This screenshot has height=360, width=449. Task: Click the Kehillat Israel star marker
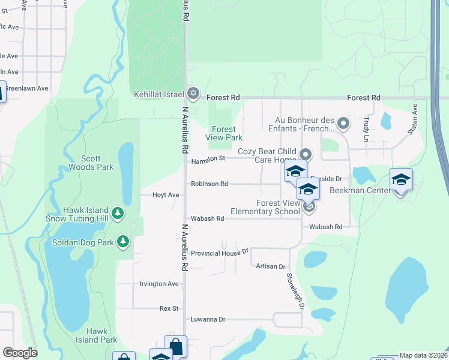193,94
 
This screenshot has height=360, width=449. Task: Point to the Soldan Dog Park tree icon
123,241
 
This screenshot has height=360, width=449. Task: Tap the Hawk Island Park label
101,335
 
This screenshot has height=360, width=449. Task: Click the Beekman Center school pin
401,179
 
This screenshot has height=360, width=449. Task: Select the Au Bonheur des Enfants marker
343,124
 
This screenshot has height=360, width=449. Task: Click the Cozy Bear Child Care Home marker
306,154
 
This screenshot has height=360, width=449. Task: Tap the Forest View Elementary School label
266,207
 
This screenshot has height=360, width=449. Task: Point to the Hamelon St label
208,161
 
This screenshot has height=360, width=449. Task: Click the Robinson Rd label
209,184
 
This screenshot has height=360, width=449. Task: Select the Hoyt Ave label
166,195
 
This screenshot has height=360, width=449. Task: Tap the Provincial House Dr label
220,253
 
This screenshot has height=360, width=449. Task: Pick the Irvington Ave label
159,284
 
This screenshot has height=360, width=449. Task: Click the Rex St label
169,308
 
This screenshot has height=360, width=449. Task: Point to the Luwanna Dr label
208,320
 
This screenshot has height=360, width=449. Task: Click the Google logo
20,353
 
